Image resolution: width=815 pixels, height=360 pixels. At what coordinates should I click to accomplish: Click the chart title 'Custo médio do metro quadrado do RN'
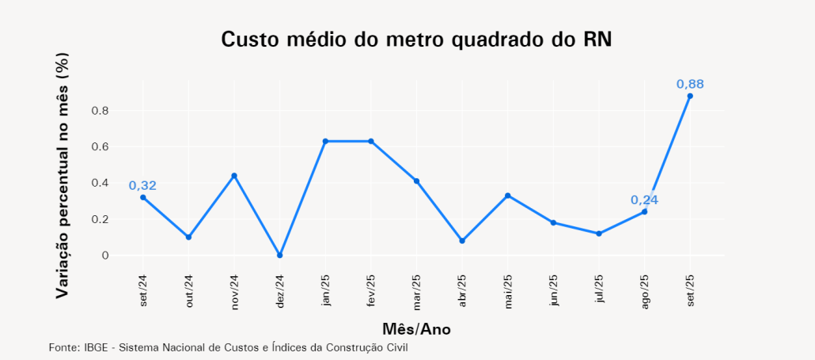(416, 40)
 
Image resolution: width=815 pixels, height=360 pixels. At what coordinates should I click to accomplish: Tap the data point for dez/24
(279, 256)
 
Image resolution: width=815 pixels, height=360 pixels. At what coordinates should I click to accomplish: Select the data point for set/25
(690, 96)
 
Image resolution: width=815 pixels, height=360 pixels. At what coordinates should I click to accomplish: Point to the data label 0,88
(690, 84)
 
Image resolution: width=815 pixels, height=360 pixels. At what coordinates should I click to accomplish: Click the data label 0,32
(143, 186)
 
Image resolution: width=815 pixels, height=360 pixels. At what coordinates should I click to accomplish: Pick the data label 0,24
(645, 200)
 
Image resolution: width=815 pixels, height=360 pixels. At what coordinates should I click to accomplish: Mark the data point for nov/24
(234, 176)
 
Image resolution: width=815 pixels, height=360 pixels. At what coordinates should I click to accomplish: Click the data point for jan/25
(325, 141)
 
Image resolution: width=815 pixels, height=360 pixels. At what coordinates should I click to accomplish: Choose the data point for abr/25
(462, 241)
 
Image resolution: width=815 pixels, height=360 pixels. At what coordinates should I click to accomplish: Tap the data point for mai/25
(508, 195)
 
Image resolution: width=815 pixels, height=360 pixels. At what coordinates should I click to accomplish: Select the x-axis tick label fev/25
(371, 291)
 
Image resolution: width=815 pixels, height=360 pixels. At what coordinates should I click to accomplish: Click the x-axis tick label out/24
(188, 291)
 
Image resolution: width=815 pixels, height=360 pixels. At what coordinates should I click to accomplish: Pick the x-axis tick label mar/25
(417, 291)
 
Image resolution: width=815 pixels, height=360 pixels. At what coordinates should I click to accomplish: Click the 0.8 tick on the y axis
(99, 110)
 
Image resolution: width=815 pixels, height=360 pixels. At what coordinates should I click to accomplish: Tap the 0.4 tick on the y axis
(99, 183)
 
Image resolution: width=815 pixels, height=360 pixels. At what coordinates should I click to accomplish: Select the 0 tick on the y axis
(104, 256)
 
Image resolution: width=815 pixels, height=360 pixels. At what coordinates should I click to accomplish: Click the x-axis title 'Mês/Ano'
(416, 328)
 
